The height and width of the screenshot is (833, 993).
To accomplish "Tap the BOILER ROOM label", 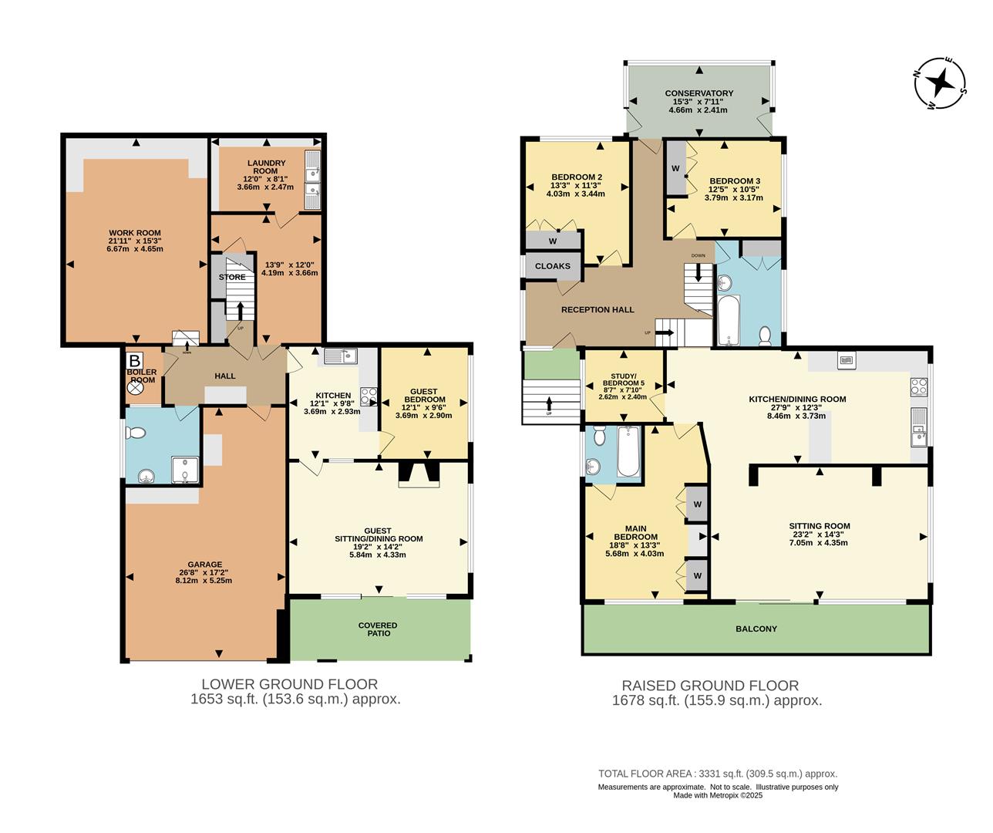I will pos(142,376).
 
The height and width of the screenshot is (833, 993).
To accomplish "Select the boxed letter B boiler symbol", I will pos(135,360).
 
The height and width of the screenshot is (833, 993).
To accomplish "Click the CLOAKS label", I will pos(553,266).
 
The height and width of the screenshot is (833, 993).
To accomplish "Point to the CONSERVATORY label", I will pos(698,93).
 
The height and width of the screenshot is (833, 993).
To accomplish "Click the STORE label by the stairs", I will pos(232,277).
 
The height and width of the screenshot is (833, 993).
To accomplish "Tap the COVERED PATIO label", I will pos(378,629).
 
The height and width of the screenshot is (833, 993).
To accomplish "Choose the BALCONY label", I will pos(756,629).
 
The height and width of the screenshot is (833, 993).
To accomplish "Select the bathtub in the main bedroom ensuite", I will pos(628,453).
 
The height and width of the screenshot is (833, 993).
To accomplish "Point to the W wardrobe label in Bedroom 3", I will pos(675,168).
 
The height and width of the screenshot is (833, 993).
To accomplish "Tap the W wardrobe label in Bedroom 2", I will pos(553,241).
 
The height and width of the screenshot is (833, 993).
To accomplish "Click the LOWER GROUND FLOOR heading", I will pos(289,683).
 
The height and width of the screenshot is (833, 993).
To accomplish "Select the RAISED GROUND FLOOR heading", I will pos(710,685).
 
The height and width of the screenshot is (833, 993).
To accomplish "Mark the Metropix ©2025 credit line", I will pos(717,796).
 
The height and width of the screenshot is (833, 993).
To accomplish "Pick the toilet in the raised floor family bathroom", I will pos(765,335).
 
